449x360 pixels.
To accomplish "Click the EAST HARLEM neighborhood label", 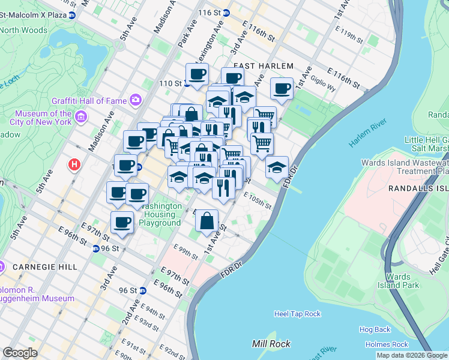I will click(x=263, y=66).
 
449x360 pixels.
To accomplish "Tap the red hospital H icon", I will click(x=74, y=164).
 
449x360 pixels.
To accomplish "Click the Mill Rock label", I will click(x=271, y=344).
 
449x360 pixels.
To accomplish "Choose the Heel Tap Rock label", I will click(x=297, y=314).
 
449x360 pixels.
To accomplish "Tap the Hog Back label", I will click(x=375, y=329).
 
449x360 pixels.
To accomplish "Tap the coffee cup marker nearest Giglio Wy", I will click(x=282, y=89).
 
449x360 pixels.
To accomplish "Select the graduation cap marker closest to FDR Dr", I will click(x=277, y=167).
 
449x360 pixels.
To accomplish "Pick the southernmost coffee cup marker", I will click(x=122, y=223).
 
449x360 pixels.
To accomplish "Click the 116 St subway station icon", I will click(x=226, y=13).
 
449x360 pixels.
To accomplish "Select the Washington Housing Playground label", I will click(x=160, y=214).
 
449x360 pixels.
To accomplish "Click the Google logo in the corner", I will click(x=20, y=353).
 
